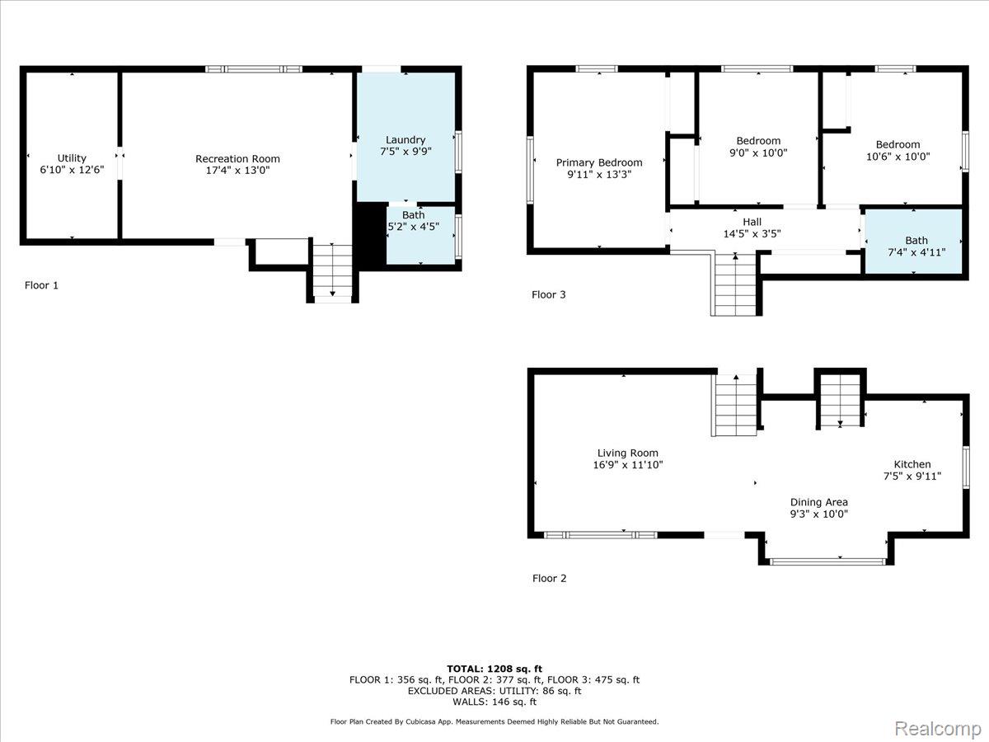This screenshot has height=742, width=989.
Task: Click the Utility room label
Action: pos(72,158)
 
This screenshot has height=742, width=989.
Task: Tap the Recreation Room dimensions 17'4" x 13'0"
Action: pos(238,171)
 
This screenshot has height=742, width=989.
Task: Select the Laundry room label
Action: pos(405,140)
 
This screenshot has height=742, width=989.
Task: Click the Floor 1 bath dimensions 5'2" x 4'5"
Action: pos(414,227)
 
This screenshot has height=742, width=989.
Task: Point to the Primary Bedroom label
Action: pos(599,162)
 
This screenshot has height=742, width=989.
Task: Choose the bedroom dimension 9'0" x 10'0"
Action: pos(758,153)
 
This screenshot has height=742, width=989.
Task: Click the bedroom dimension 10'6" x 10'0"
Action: pos(898,157)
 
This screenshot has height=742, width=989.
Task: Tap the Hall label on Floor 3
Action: pos(752,222)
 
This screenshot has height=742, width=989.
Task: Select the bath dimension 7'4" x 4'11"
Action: pos(916,252)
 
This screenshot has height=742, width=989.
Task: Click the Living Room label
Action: pos(628,453)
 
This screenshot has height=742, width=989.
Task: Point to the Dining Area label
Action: pos(818,502)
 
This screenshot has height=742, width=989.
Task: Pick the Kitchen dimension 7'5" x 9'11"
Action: pos(912,476)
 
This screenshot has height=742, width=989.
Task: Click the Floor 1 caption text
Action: pos(41,285)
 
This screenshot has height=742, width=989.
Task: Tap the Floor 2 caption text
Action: pos(549,578)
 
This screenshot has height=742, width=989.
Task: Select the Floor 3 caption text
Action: pos(548,294)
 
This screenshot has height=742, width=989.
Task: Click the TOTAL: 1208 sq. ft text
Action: pos(494,669)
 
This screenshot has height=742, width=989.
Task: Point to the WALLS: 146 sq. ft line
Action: pos(494,702)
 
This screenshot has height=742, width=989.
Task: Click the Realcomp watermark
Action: pos(938,729)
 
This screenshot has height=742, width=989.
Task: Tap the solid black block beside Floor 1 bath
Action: pos(371,235)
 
